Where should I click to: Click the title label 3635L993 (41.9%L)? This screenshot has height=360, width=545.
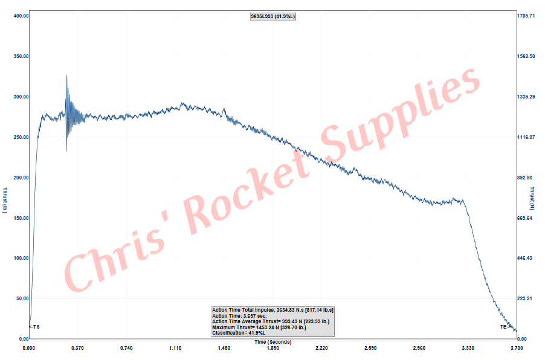tap(272, 16)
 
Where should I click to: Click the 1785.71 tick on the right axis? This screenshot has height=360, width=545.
tap(527, 16)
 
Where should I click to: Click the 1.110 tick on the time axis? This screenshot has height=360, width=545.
tap(175, 348)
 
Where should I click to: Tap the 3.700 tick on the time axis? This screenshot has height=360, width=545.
tap(516, 348)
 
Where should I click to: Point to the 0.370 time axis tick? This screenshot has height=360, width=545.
tap(77, 348)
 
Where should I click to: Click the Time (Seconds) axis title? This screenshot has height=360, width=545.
tap(272, 342)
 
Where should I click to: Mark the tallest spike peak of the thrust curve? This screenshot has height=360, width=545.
tap(66, 76)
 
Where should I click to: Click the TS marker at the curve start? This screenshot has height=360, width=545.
tap(35, 327)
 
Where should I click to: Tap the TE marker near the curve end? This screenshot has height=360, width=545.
tap(505, 327)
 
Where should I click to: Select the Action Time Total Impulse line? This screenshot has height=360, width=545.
tap(272, 310)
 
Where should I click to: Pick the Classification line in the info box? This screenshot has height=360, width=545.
tap(237, 333)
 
